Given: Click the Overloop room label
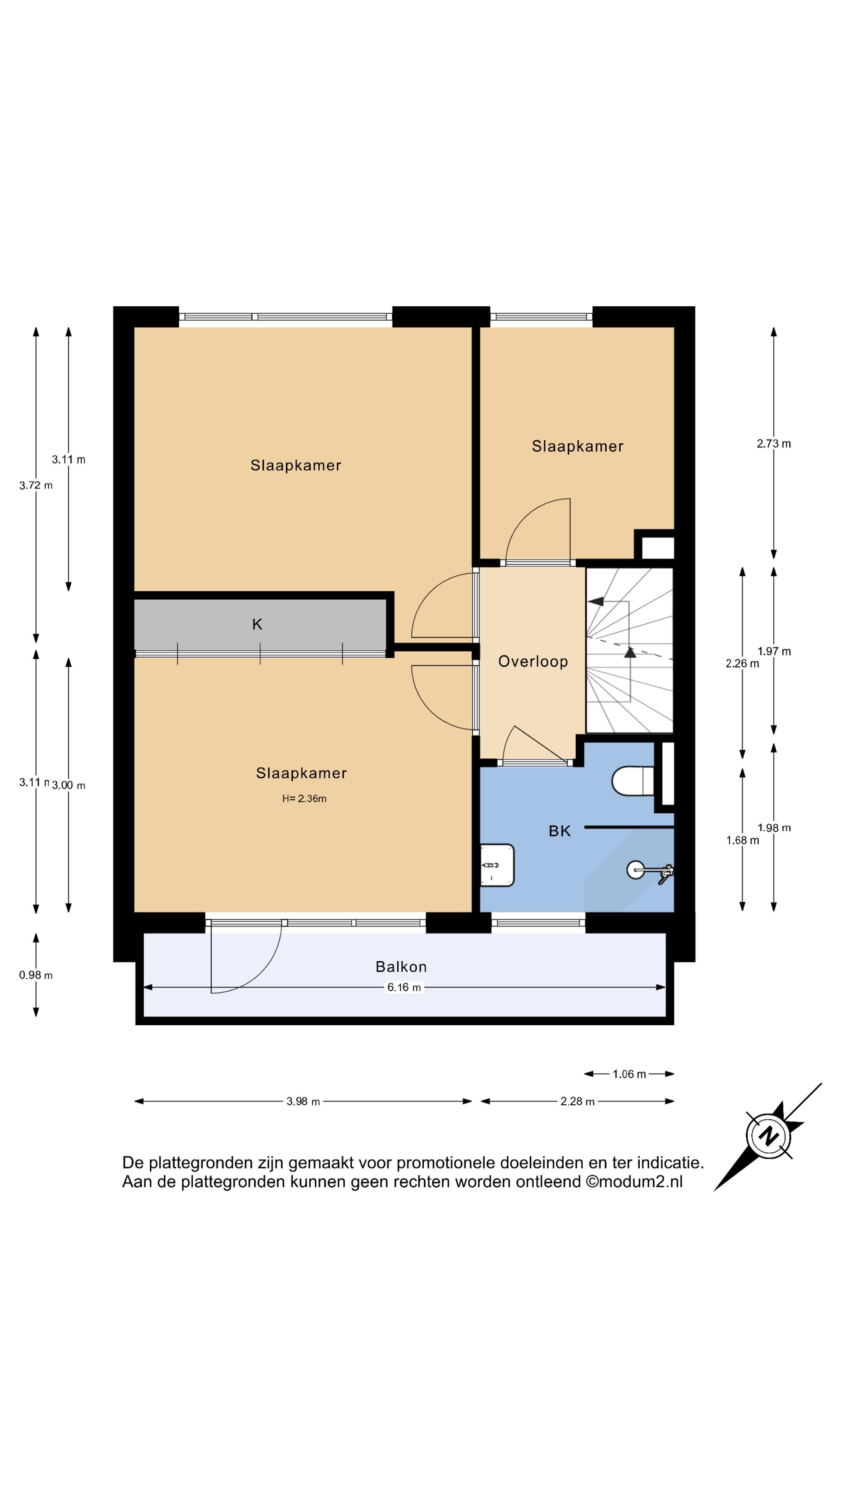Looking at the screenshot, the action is (533, 661).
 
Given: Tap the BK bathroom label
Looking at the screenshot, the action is (560, 831).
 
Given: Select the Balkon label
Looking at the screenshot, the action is (401, 967).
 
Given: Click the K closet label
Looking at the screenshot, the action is (257, 624).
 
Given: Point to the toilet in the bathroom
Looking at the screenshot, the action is (633, 780).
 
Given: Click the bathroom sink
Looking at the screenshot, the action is (497, 865).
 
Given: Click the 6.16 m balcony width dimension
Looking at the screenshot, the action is (404, 987).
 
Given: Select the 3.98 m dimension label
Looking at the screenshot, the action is (303, 1101).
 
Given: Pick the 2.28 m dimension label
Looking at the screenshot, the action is (577, 1101).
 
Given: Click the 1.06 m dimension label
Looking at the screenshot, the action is (629, 1074).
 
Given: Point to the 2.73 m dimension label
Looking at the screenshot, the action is (773, 443).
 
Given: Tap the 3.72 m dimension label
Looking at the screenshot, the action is (35, 485).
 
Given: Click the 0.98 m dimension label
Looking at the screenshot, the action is (35, 975).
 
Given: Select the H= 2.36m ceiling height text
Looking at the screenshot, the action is (304, 799).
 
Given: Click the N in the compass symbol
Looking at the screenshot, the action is (769, 1136).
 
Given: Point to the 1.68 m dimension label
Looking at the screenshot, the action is (742, 840).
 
